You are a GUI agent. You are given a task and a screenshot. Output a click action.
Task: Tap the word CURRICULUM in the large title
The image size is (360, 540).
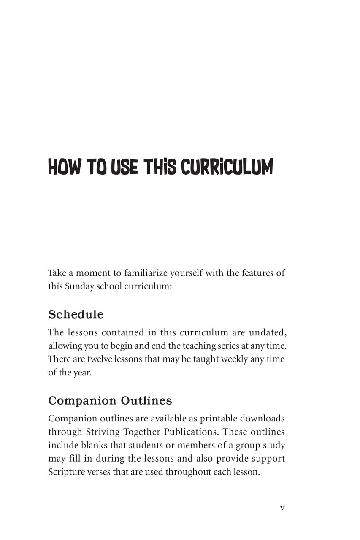[227, 167]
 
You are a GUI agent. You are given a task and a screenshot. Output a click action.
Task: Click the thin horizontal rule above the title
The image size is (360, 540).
[169, 154]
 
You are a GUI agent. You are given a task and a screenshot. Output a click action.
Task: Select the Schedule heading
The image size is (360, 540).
[76, 314]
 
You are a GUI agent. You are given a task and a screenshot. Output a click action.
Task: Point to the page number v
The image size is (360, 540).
[282, 508]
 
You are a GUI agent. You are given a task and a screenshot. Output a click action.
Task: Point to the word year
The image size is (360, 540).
[83, 373]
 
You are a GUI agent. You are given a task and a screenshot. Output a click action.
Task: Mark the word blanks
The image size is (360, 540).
[90, 445]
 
